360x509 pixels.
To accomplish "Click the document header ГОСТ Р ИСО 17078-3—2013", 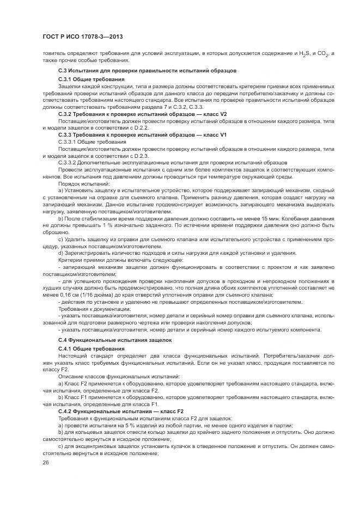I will point(82,36).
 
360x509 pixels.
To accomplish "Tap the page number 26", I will point(46,463).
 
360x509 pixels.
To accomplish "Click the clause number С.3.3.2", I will point(67,162).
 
